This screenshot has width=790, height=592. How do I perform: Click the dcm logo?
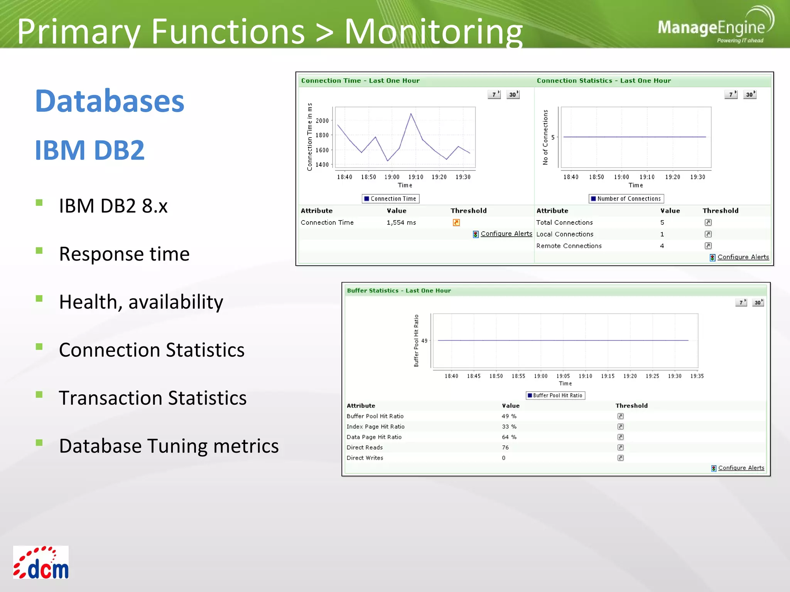coord(41,562)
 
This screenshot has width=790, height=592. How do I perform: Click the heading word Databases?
coord(110,101)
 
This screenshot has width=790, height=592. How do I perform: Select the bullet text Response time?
coord(124,254)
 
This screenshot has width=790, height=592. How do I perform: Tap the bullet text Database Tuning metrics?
coord(169,446)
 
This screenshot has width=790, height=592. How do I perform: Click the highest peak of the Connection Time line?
coord(411,113)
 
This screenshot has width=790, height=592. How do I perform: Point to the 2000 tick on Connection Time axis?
coord(322,121)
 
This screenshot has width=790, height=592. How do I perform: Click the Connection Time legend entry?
coord(390,198)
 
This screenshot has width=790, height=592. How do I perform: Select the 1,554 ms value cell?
coord(401,222)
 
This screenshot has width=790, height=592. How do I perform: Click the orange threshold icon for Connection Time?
coord(456,222)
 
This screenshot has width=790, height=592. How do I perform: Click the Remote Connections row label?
coord(569,246)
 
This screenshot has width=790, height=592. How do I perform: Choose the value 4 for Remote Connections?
coord(662,246)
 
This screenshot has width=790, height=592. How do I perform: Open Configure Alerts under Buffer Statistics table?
coord(741,468)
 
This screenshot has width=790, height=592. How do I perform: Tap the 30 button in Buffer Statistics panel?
coord(758,303)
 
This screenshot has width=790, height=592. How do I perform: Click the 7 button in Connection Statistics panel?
coord(731,94)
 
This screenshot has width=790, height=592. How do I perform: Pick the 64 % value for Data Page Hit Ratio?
coord(509,437)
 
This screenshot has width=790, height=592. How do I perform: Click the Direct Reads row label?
coord(365,447)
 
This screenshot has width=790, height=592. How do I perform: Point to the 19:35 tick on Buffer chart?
coord(697,376)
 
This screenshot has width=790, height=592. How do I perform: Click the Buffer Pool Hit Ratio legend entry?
coord(555,395)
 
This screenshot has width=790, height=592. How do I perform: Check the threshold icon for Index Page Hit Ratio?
coord(621,427)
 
